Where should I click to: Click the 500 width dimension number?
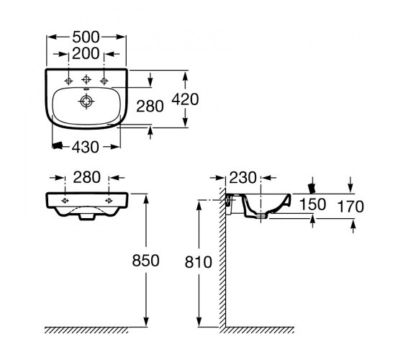tap(86, 37)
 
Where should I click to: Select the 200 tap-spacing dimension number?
tap(86, 53)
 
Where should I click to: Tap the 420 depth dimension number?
tap(185, 99)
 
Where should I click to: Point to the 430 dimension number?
tap(85, 147)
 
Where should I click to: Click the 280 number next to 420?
tap(150, 107)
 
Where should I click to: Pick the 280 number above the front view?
tap(86, 177)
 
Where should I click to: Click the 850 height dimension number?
tap(145, 261)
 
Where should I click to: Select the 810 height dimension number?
tap(199, 262)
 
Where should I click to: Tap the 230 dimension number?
tap(243, 178)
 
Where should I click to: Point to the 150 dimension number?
tap(313, 204)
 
